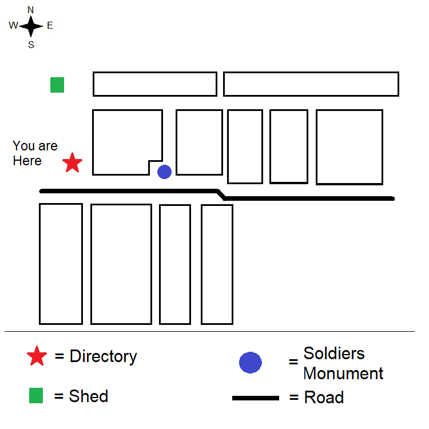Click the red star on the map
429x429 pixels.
coord(72,163)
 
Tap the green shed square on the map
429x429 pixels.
coord(57,85)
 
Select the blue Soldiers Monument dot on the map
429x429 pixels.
coord(164,172)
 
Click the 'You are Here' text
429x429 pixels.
coord(35,153)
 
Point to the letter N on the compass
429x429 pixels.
coord(31,10)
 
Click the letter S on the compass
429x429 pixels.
coord(31,45)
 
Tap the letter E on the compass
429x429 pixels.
coord(50,25)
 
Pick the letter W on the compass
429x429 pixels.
coord(13,25)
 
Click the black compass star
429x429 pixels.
coord(31,26)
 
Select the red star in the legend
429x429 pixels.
coord(37,356)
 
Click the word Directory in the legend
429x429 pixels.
coord(103,356)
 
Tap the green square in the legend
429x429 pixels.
coord(36,395)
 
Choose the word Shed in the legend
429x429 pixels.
coord(89,396)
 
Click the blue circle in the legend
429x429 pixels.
coord(250,362)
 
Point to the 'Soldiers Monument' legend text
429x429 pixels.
coord(343,363)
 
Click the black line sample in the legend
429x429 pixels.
coord(256,398)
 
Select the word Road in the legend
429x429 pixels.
coord(324,398)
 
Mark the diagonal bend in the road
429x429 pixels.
coord(221,194)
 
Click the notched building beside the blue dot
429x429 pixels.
coord(126,140)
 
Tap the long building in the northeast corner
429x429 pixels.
coord(311,84)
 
